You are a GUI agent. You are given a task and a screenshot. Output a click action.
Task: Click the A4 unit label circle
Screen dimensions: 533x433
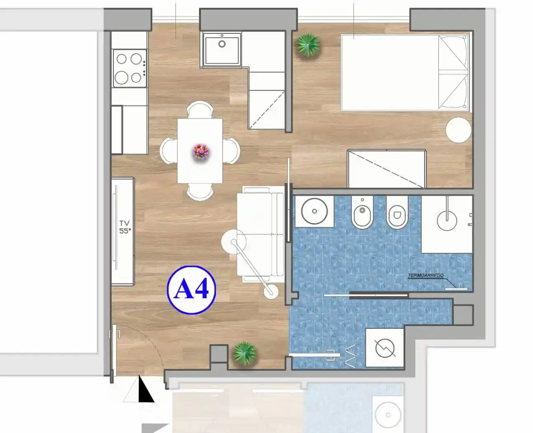click(191, 290)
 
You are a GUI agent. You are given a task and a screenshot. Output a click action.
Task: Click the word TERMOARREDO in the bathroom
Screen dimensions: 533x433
click(426, 275)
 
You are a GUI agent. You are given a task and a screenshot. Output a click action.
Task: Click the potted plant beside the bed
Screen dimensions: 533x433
click(309, 45)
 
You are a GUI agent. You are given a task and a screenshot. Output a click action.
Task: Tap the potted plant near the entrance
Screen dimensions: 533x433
click(245, 353)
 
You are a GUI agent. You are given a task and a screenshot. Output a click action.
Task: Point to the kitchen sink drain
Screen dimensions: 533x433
click(222, 44)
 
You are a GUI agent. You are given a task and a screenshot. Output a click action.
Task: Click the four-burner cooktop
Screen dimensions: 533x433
click(130, 68)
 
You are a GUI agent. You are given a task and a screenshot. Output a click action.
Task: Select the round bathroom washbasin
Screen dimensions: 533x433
click(314, 211)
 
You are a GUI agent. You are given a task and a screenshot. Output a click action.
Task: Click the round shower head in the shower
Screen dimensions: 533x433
click(447, 221)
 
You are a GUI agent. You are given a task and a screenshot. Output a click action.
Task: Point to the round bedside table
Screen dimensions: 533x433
click(458, 130)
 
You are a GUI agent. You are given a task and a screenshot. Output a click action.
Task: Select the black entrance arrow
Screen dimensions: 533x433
click(145, 390)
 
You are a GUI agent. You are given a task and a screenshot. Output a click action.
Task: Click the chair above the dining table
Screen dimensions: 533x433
click(200, 110)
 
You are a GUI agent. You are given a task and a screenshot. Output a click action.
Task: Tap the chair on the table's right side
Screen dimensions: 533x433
click(231, 151)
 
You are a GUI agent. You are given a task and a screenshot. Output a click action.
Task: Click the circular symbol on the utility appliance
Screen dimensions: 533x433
click(385, 348)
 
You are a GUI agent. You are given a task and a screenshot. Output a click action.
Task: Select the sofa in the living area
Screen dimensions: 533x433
click(261, 235)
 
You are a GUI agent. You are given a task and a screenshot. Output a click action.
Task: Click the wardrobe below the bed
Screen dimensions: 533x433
click(387, 169)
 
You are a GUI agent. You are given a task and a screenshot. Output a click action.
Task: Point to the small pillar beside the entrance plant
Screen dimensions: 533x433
click(219, 354)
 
